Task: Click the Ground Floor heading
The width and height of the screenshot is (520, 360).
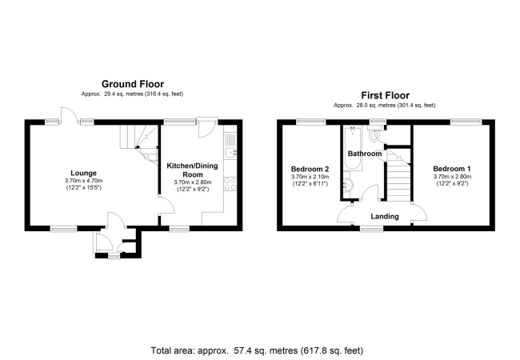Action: pyautogui.click(x=132, y=83)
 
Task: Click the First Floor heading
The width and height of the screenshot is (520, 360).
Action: pyautogui.click(x=385, y=94)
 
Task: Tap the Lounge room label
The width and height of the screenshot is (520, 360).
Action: pyautogui.click(x=84, y=172)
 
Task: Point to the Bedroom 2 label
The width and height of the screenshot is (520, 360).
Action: pyautogui.click(x=310, y=169)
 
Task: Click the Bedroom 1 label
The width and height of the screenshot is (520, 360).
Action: pyautogui.click(x=453, y=169)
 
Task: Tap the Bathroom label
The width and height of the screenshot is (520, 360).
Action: pyautogui.click(x=364, y=153)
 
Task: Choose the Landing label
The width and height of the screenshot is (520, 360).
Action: pyautogui.click(x=385, y=216)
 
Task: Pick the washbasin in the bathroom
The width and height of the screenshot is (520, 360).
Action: pyautogui.click(x=346, y=186)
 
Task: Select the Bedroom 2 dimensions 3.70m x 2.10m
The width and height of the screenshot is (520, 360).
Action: pyautogui.click(x=310, y=178)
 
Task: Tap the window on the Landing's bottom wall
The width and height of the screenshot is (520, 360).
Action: pyautogui.click(x=370, y=230)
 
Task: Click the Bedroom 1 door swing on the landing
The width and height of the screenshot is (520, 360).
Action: pyautogui.click(x=417, y=212)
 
